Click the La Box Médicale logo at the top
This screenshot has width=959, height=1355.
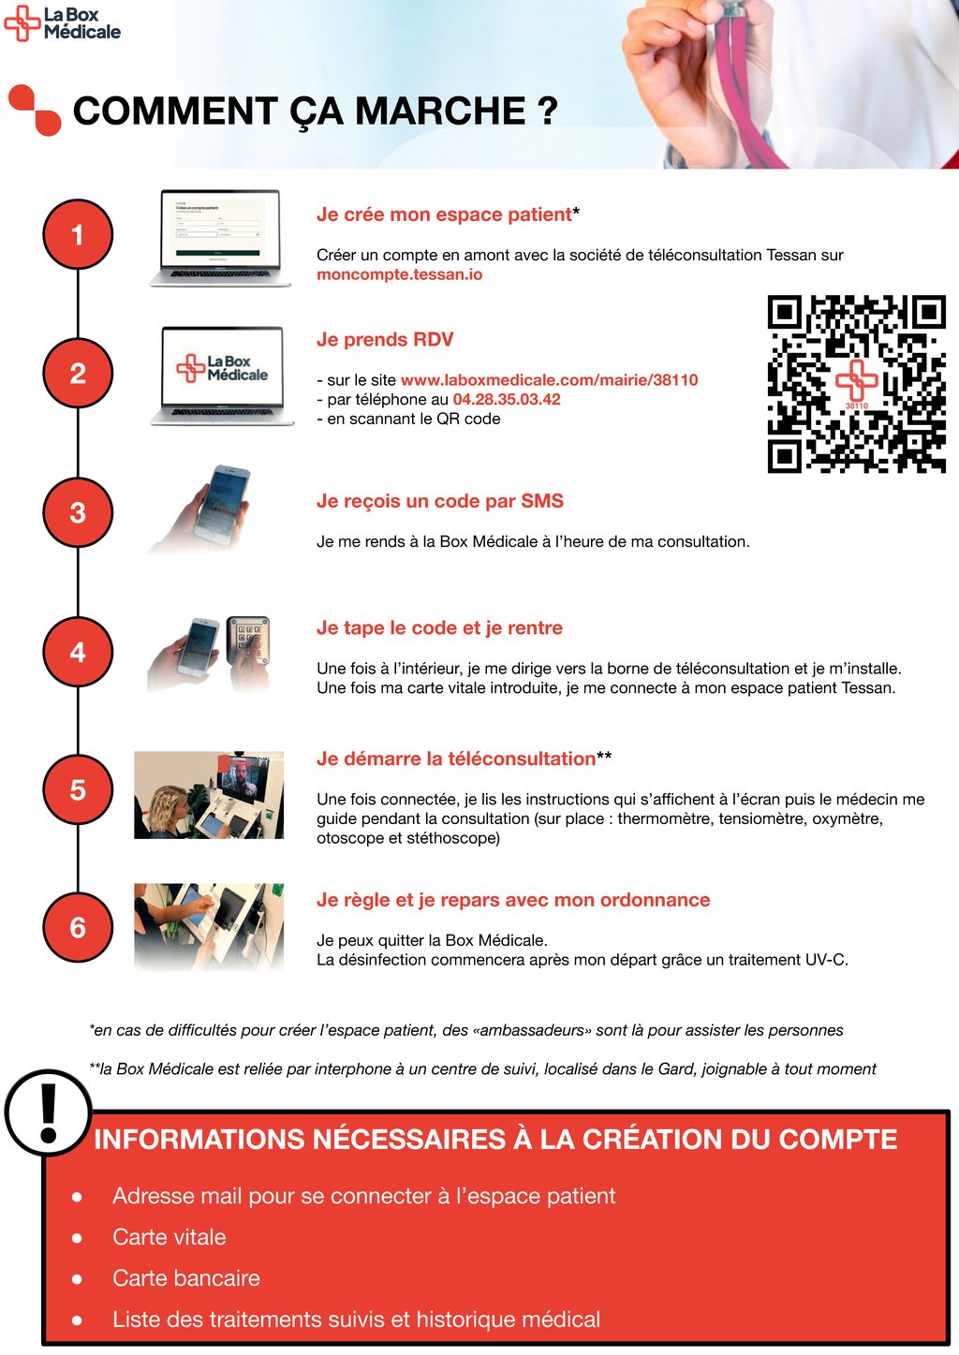63,23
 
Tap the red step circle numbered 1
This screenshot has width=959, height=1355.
78,234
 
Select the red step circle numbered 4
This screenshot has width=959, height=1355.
78,652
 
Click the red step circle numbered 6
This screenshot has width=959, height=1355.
78,927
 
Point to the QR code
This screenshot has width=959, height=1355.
856,384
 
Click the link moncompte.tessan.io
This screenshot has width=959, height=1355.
399,274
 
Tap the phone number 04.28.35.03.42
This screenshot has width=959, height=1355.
507,399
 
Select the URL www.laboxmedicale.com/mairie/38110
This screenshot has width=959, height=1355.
550,380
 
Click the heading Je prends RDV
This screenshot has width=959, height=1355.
385,339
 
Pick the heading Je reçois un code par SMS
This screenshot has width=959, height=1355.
440,502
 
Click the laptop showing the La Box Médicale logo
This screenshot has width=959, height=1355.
222,376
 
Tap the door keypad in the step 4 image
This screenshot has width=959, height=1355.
248,641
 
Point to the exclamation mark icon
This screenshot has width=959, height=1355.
49,1112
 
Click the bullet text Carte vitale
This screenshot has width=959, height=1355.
170,1237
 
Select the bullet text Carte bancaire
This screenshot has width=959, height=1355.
186,1278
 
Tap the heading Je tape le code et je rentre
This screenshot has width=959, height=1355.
439,628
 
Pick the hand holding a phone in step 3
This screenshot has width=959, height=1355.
199,508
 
